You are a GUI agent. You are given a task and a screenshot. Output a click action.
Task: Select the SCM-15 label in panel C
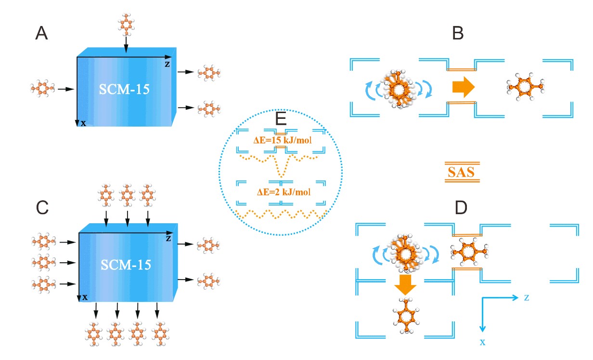[x=126, y=264]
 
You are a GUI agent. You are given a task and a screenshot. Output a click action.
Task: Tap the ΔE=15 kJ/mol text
[x=281, y=141]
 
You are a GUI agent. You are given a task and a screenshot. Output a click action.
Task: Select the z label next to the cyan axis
[x=528, y=297]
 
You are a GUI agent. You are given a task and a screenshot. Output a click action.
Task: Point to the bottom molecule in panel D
[x=406, y=317]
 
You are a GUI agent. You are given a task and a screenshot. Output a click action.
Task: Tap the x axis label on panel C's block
[x=85, y=297]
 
